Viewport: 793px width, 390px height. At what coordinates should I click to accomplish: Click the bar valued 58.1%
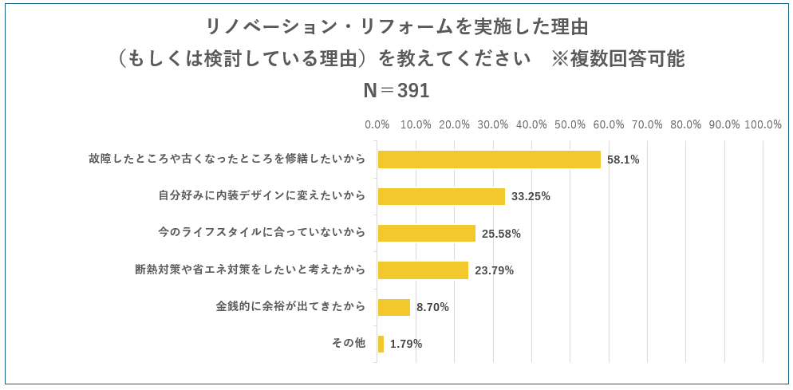point(488,160)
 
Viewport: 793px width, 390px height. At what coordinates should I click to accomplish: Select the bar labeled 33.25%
point(441,196)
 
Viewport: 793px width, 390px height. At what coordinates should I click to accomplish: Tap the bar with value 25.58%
point(426,234)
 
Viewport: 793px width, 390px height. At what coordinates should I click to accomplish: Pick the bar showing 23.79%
point(423,270)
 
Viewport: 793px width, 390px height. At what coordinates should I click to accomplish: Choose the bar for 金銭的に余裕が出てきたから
point(393,307)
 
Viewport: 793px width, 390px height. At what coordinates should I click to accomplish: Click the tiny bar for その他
point(381,344)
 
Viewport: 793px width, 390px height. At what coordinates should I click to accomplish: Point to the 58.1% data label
point(623,160)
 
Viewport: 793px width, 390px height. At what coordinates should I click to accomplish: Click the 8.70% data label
point(432,307)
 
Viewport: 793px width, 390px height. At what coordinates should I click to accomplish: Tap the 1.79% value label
point(406,345)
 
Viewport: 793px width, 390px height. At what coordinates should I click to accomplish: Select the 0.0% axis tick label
point(377,124)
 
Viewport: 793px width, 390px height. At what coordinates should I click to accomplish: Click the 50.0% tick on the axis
point(570,124)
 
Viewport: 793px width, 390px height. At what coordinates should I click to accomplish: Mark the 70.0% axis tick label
point(647,124)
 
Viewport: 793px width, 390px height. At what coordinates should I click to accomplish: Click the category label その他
point(348,343)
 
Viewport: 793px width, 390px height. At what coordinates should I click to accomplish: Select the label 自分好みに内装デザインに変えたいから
point(262,195)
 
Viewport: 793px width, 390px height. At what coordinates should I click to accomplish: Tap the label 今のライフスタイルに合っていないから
point(262,233)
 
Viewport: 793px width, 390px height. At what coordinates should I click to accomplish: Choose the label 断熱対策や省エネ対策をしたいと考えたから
point(250,270)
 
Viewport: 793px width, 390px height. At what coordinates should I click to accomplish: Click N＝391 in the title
point(396,91)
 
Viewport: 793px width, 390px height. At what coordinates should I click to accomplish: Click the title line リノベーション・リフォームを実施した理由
point(396,27)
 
